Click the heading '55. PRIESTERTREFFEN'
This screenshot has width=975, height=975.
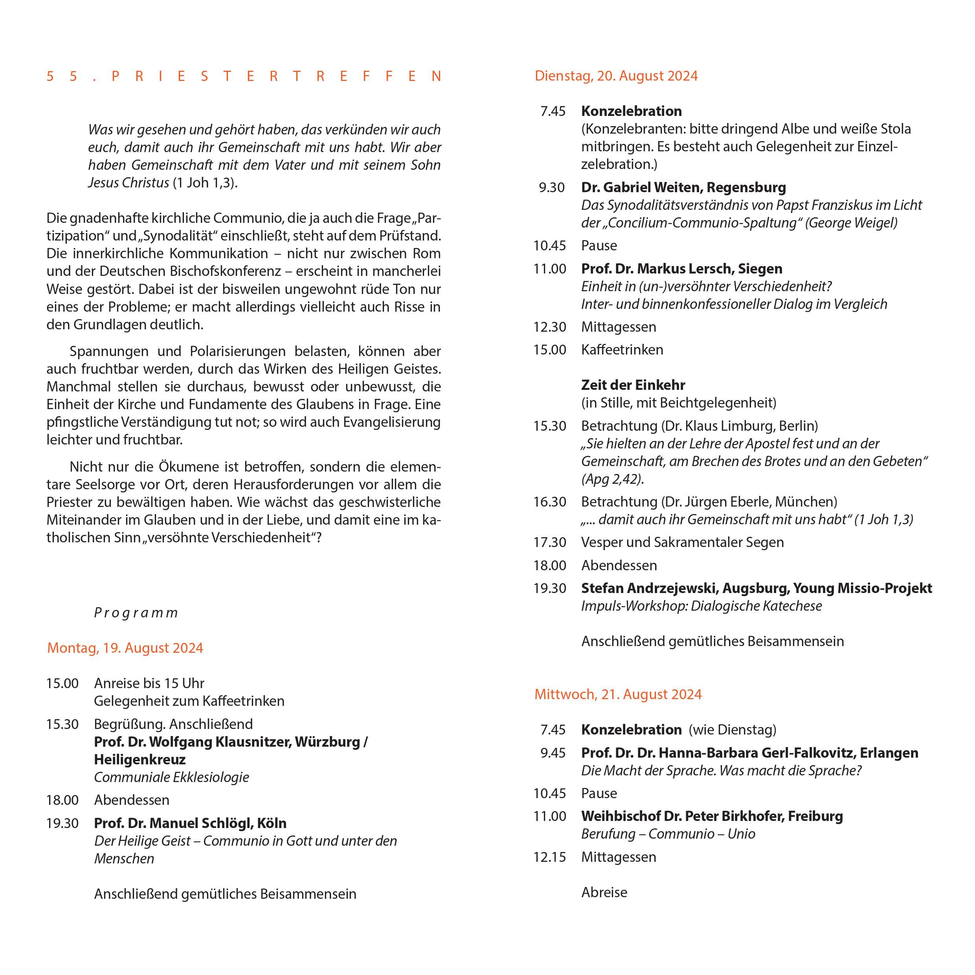pos(244,76)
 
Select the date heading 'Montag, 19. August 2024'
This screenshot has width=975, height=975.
pos(125,648)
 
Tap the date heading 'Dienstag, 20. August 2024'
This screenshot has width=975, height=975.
pos(616,76)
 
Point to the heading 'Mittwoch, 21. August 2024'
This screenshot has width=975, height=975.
pos(618,694)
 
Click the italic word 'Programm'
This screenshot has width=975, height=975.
pos(136,613)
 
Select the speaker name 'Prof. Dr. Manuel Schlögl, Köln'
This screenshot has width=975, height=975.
pos(190,823)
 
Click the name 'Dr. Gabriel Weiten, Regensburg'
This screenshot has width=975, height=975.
pos(683,187)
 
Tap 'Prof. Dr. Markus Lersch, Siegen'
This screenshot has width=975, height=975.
pos(681,268)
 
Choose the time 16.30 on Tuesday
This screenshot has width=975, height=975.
pos(549,501)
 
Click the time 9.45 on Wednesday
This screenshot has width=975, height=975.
pos(553,753)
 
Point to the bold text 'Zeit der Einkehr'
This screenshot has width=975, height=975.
pos(633,385)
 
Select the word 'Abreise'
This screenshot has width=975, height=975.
pos(604,892)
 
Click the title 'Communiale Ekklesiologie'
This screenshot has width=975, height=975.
pos(172,777)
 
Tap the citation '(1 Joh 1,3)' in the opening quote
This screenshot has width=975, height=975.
pos(205,183)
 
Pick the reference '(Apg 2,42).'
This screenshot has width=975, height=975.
pos(613,479)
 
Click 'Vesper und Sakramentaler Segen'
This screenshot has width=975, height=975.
pos(682,542)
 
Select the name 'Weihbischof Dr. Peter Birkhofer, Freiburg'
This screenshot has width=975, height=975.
pos(712,816)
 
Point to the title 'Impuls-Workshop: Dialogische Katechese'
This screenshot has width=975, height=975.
pos(701,606)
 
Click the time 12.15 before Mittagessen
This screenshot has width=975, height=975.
pos(549,857)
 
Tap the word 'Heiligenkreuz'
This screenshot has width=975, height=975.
pos(140,760)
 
